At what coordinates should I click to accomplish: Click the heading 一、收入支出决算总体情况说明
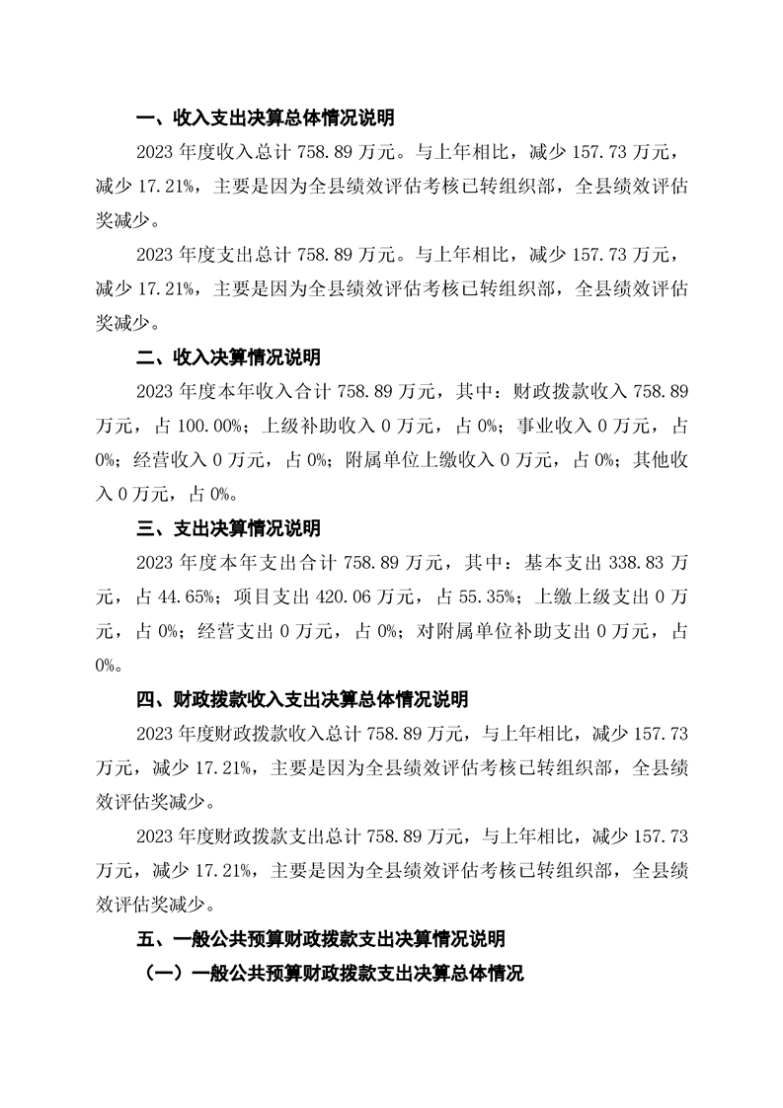click(x=265, y=119)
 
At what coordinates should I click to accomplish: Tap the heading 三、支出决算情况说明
click(x=227, y=529)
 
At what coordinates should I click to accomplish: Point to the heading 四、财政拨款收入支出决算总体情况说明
click(x=301, y=699)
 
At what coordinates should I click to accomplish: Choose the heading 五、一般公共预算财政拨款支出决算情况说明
click(x=320, y=937)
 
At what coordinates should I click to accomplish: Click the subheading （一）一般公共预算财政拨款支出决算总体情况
click(x=333, y=973)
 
